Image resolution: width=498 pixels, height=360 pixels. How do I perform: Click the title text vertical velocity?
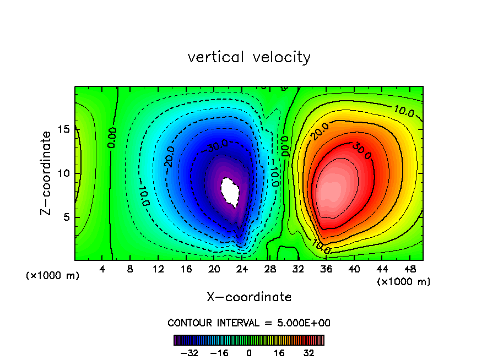(x=249, y=57)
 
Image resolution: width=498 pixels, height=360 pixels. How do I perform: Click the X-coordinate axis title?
(x=249, y=297)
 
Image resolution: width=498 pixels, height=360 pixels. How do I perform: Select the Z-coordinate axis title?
(x=47, y=173)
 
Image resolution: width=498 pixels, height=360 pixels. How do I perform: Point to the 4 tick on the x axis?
(x=102, y=269)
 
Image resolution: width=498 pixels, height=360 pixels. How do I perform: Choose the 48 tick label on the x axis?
(x=410, y=269)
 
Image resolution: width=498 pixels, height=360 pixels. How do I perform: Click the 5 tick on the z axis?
(x=64, y=217)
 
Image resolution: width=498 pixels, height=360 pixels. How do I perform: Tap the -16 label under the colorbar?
(x=219, y=353)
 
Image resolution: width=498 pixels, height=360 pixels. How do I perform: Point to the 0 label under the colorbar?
(x=249, y=353)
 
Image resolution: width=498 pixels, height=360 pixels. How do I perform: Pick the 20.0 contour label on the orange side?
(x=320, y=132)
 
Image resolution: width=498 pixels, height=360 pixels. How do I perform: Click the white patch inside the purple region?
(x=230, y=190)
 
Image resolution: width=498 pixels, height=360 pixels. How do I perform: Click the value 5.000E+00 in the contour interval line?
(x=303, y=323)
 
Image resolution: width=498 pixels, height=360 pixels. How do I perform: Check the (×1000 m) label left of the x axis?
(x=53, y=276)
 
